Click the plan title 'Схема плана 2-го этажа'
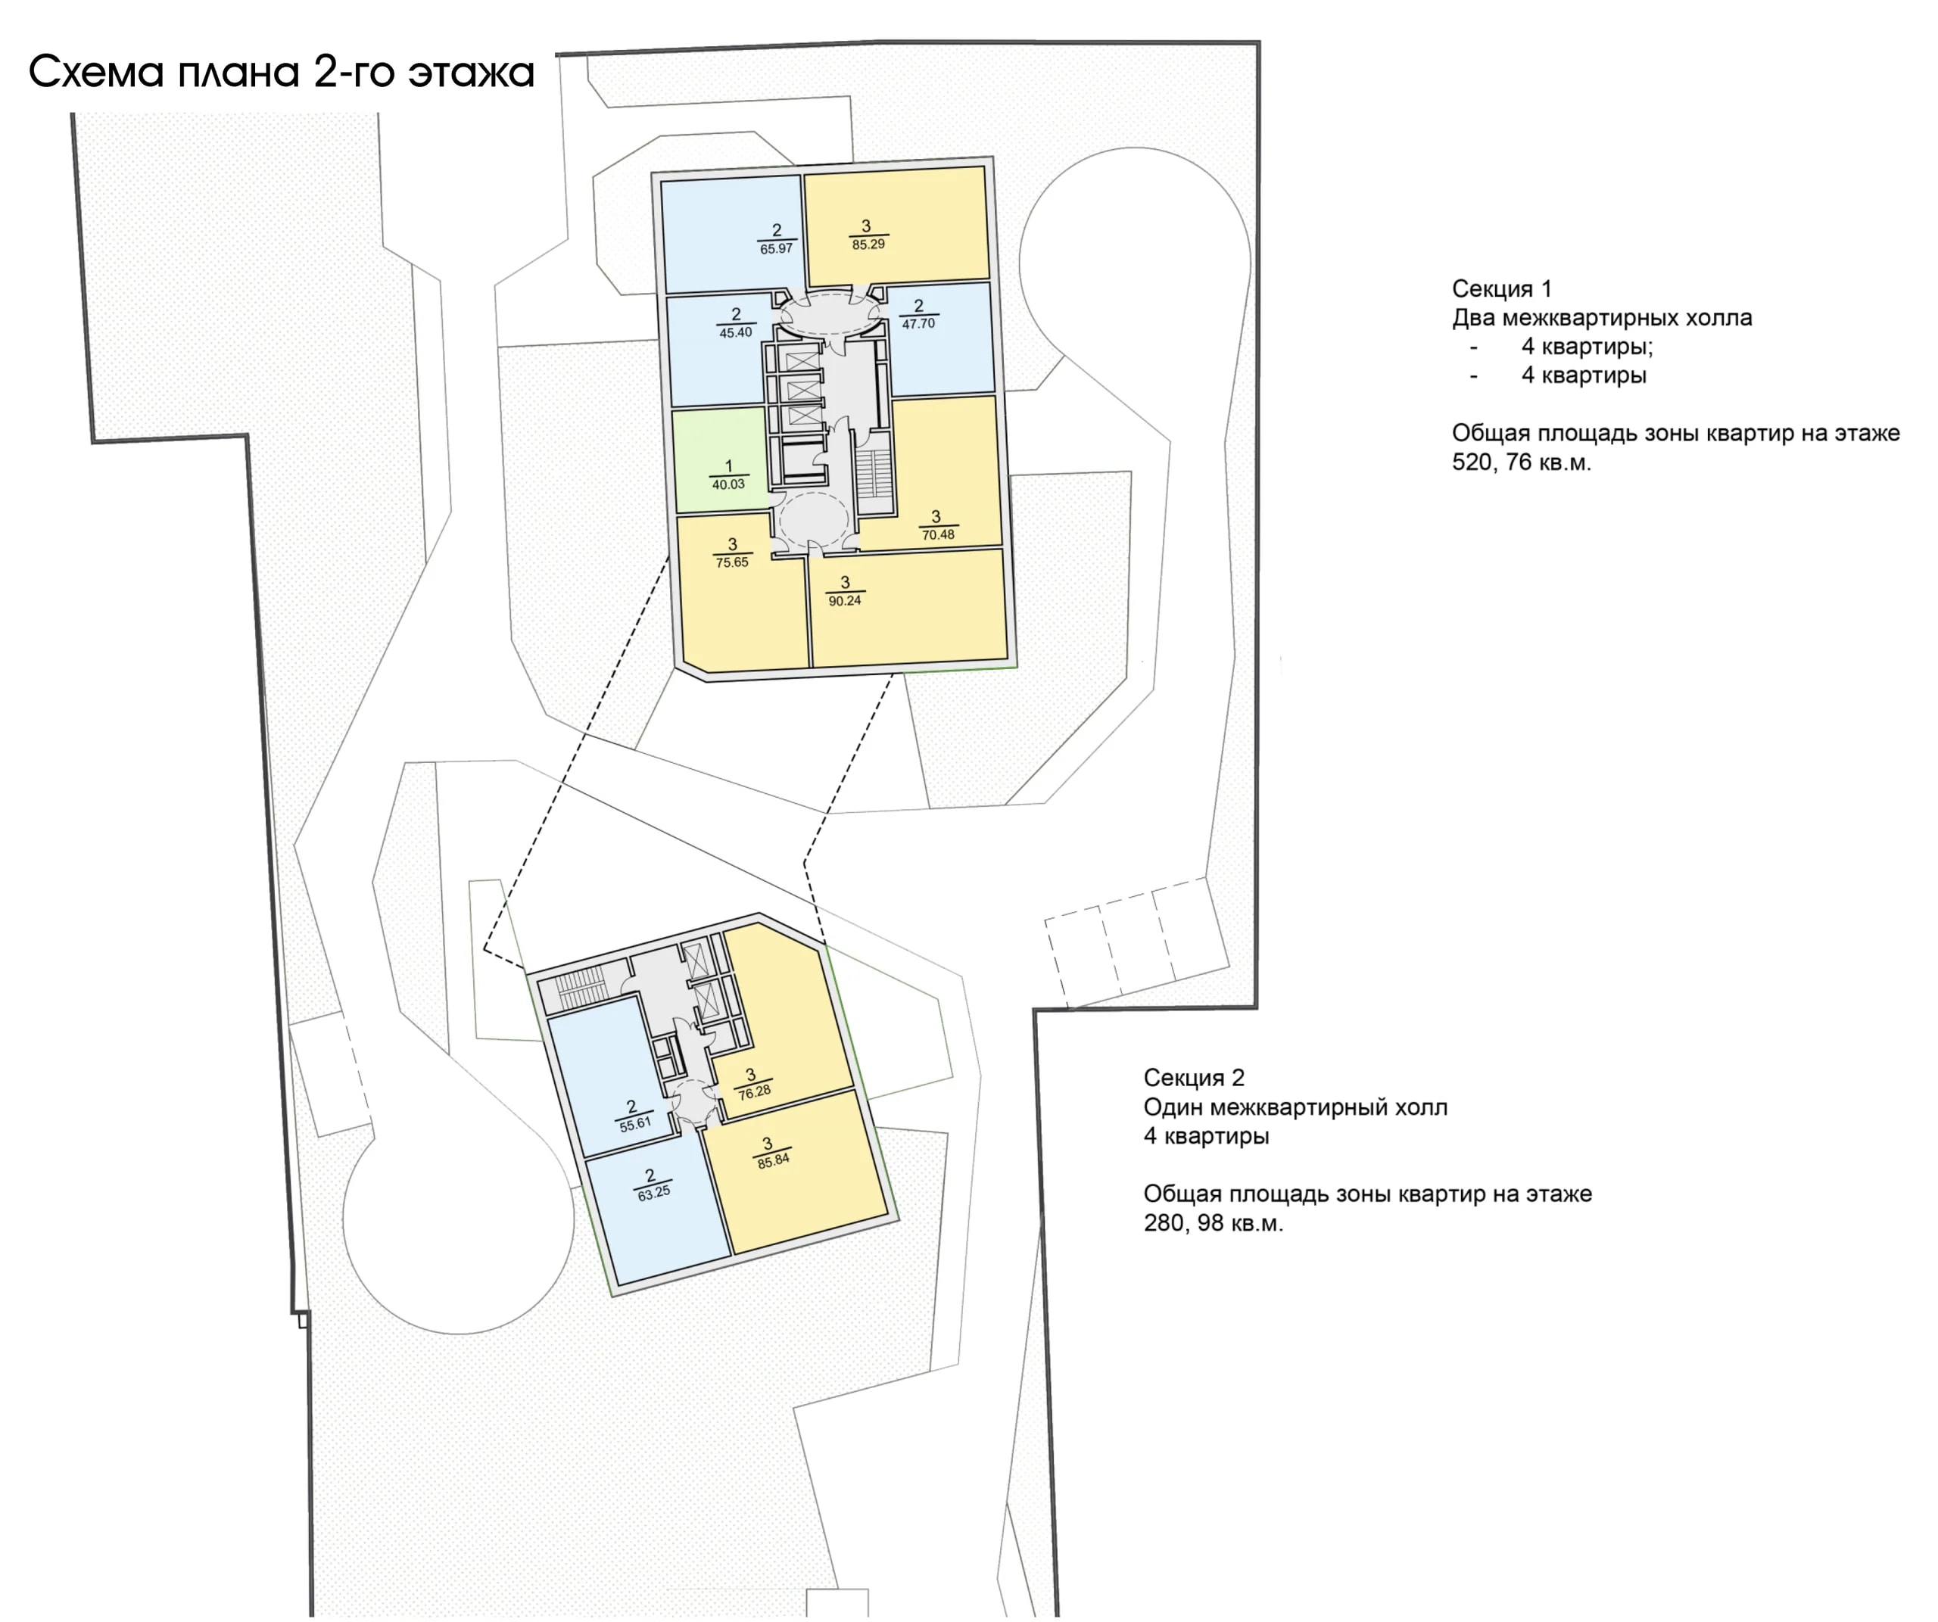click(282, 72)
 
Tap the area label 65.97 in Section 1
click(776, 249)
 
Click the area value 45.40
click(736, 333)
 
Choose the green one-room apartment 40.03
click(720, 459)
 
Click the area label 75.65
click(732, 562)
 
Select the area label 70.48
click(938, 535)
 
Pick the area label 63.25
click(653, 1193)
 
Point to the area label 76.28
click(754, 1091)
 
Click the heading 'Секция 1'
click(1501, 289)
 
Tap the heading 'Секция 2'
click(1194, 1078)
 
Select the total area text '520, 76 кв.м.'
click(1522, 462)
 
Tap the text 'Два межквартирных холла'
click(1602, 319)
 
